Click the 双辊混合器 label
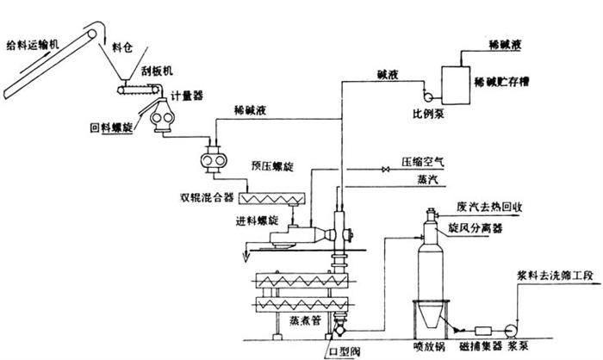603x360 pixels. coord(207,197)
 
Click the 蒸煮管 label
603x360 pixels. coord(300,319)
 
